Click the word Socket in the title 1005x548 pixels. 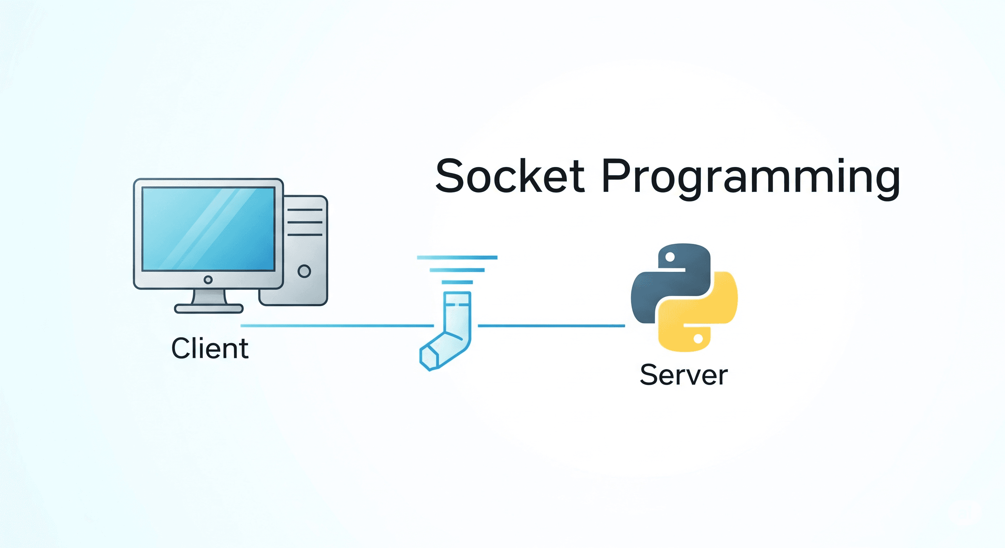click(x=510, y=176)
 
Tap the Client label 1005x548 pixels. click(x=209, y=348)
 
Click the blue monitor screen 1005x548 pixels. click(x=208, y=229)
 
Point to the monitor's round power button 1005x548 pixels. click(x=208, y=280)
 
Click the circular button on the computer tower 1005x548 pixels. click(x=304, y=271)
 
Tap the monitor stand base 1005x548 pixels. click(x=209, y=309)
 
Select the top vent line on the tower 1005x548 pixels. click(x=305, y=210)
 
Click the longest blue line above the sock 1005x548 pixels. click(x=457, y=258)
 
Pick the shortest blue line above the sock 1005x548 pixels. click(x=457, y=282)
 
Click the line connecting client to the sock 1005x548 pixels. click(x=335, y=326)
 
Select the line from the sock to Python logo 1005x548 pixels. click(x=551, y=326)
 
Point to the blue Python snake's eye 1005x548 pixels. click(x=670, y=257)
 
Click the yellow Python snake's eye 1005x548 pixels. click(x=698, y=339)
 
